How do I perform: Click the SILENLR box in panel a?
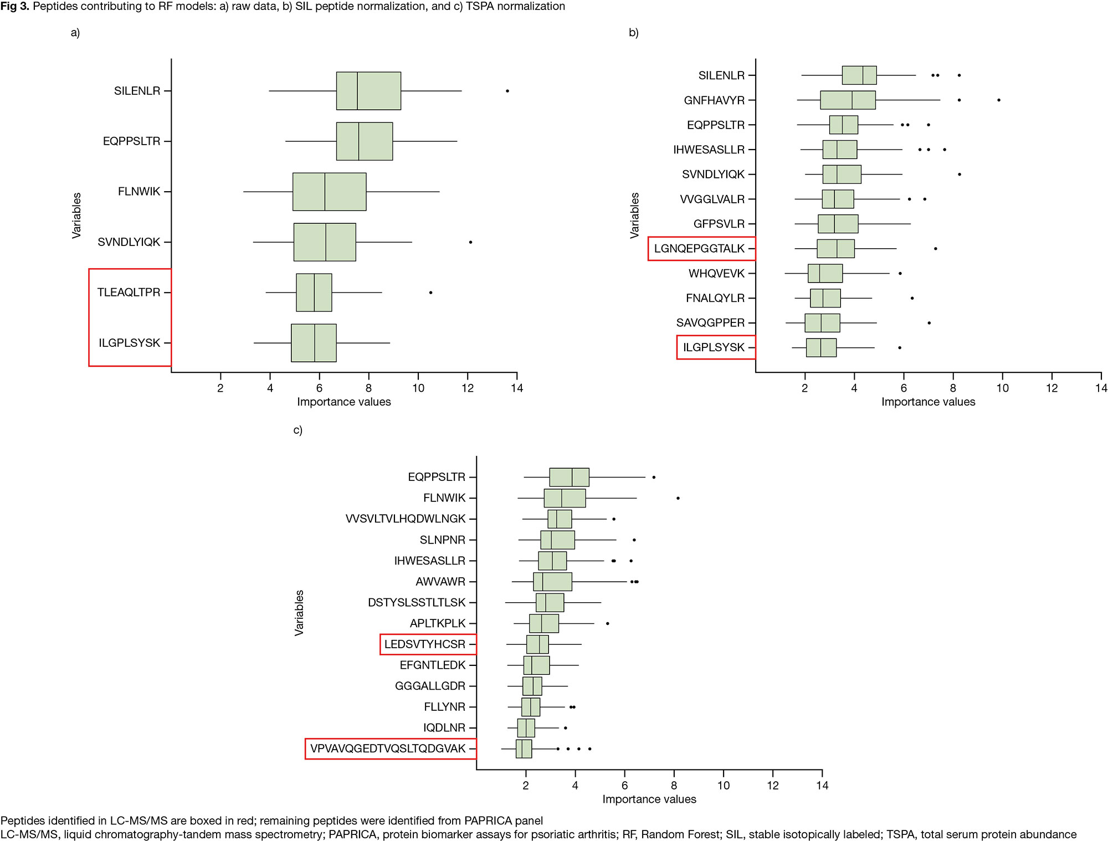(x=368, y=91)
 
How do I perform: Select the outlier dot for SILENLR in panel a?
(x=507, y=91)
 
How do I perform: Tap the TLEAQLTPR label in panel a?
(x=129, y=293)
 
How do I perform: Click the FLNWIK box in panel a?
(x=329, y=192)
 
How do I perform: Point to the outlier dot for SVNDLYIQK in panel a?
(x=470, y=242)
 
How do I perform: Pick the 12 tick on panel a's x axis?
(x=468, y=388)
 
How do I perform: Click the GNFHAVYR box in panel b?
(x=848, y=100)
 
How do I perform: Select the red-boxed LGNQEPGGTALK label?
(x=699, y=249)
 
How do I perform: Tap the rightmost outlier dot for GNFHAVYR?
(x=998, y=100)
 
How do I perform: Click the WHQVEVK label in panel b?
(x=716, y=274)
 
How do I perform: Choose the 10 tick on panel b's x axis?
(x=1002, y=388)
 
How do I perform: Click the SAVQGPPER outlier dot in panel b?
(x=929, y=323)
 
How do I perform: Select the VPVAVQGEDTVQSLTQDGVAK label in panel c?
(x=388, y=748)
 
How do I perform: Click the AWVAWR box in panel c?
(x=552, y=582)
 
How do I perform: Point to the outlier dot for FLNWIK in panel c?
(x=678, y=498)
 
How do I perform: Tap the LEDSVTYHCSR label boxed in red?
(x=425, y=644)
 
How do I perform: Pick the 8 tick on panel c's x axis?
(x=674, y=785)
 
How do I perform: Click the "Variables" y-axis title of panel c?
(x=299, y=612)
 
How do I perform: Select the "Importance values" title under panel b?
(x=928, y=402)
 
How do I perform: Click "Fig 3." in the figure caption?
(x=15, y=6)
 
